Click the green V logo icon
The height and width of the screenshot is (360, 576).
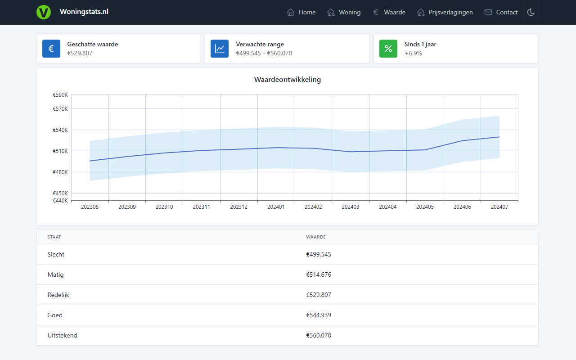pyautogui.click(x=44, y=12)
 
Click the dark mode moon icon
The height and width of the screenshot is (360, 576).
pyautogui.click(x=531, y=12)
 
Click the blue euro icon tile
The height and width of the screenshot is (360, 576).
pyautogui.click(x=51, y=49)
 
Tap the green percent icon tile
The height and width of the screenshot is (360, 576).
pyautogui.click(x=388, y=49)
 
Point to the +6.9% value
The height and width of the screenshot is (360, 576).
pyautogui.click(x=413, y=53)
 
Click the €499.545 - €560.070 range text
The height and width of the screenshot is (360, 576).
pyautogui.click(x=264, y=53)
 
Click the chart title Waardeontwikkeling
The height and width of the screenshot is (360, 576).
pyautogui.click(x=288, y=80)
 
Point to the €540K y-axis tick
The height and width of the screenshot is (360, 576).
pyautogui.click(x=60, y=130)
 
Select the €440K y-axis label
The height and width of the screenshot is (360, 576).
pyautogui.click(x=60, y=201)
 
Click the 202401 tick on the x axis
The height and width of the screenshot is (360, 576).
pyautogui.click(x=276, y=207)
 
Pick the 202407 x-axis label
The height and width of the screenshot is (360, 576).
pyautogui.click(x=499, y=207)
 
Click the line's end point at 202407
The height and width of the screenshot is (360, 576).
pyautogui.click(x=499, y=137)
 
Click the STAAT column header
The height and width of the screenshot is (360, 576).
pyautogui.click(x=54, y=237)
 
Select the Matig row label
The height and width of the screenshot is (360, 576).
pyautogui.click(x=55, y=274)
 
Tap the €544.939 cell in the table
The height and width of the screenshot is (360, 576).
pyautogui.click(x=319, y=315)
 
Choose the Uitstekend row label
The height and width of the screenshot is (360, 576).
pyautogui.click(x=62, y=335)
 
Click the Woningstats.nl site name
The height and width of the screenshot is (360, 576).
pyautogui.click(x=84, y=12)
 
